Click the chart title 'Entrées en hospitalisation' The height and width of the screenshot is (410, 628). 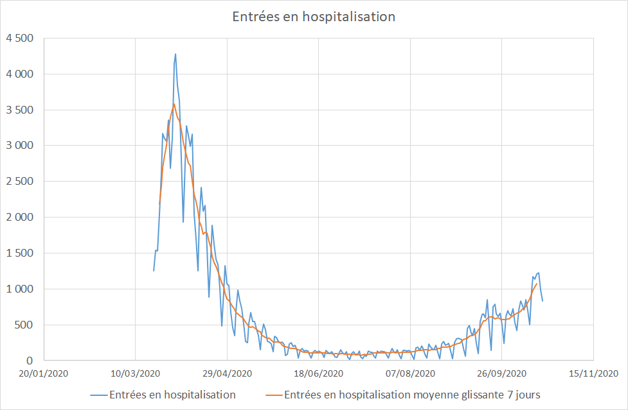coord(314,16)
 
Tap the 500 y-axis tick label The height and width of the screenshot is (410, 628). coord(24,325)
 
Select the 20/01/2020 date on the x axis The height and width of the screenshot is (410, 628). coord(44,373)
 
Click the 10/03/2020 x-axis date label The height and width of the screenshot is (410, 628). coord(135,373)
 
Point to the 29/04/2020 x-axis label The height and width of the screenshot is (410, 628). coord(227,373)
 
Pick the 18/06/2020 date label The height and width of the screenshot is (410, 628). coord(318,373)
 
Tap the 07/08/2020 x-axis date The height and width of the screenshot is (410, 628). coord(410,373)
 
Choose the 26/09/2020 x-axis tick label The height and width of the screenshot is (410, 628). coord(501,373)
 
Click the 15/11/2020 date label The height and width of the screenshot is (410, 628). coord(593,373)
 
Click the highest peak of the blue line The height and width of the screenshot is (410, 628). coord(175,54)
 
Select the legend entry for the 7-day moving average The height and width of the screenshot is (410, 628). coord(411,395)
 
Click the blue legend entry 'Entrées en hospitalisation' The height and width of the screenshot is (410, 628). coord(172,395)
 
